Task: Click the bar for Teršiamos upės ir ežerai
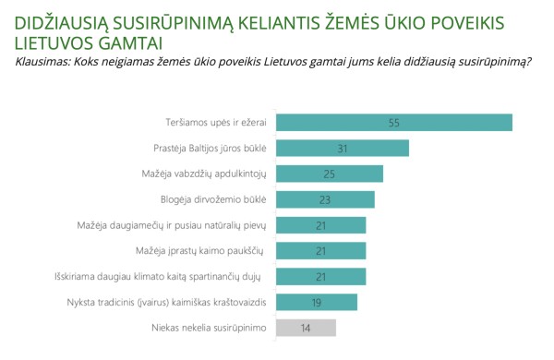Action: tap(394, 122)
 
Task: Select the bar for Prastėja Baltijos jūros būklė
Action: tap(343, 148)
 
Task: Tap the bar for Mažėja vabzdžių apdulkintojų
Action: tap(330, 174)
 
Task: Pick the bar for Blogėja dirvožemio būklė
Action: tap(326, 199)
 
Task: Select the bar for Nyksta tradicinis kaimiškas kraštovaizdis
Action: tap(317, 302)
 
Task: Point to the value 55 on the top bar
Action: tap(394, 122)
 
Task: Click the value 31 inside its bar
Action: tap(343, 148)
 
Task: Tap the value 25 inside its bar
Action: tap(330, 174)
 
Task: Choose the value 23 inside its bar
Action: tap(326, 199)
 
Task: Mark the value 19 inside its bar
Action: tap(317, 302)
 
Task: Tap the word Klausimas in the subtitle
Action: tap(44, 63)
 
